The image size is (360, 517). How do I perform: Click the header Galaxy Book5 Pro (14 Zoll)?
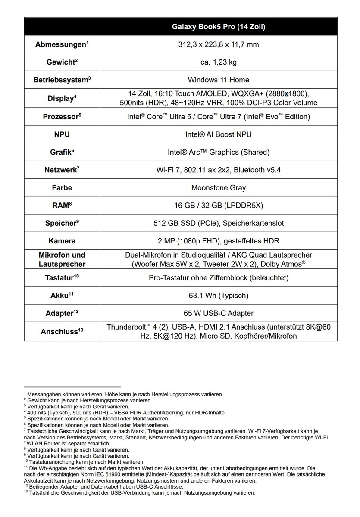click(219, 27)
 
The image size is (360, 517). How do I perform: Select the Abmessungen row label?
click(62, 44)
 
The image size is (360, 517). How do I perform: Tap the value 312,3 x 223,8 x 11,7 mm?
click(219, 44)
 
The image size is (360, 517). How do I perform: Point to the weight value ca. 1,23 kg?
click(219, 62)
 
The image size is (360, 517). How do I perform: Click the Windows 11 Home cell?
click(219, 80)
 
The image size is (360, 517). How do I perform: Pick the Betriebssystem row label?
click(62, 80)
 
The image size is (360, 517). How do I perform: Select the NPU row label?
click(62, 134)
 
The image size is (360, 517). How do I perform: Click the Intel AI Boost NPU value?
click(219, 134)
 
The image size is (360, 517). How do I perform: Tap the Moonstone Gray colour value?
click(219, 187)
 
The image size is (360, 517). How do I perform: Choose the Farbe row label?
click(62, 187)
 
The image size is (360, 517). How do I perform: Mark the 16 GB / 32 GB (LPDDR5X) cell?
click(219, 206)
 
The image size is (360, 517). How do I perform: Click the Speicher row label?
click(62, 223)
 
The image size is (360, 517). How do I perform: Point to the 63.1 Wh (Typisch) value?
click(219, 296)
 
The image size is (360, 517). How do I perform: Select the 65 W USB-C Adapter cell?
click(219, 313)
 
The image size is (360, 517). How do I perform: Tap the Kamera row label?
click(62, 241)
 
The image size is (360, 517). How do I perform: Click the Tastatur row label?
click(62, 277)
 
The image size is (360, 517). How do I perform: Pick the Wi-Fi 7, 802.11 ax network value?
click(219, 170)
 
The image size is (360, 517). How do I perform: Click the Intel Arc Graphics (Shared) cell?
click(219, 152)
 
